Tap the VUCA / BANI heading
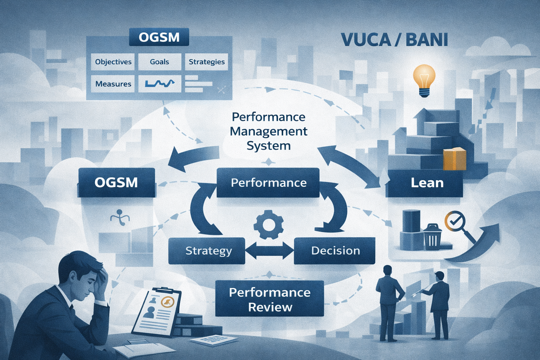click(x=394, y=40)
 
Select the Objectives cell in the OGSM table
click(x=113, y=62)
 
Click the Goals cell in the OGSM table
click(x=160, y=62)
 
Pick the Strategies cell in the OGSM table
click(x=206, y=62)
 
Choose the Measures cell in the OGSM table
click(x=113, y=84)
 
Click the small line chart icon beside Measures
click(x=160, y=84)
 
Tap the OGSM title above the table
click(x=159, y=37)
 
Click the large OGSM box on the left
click(x=116, y=182)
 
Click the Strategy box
click(x=207, y=251)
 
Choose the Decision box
click(x=335, y=251)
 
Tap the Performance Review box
click(x=269, y=299)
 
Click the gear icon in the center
click(x=269, y=224)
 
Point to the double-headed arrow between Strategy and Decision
click(x=269, y=251)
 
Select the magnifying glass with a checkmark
click(x=456, y=222)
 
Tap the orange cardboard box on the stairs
click(x=454, y=159)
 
